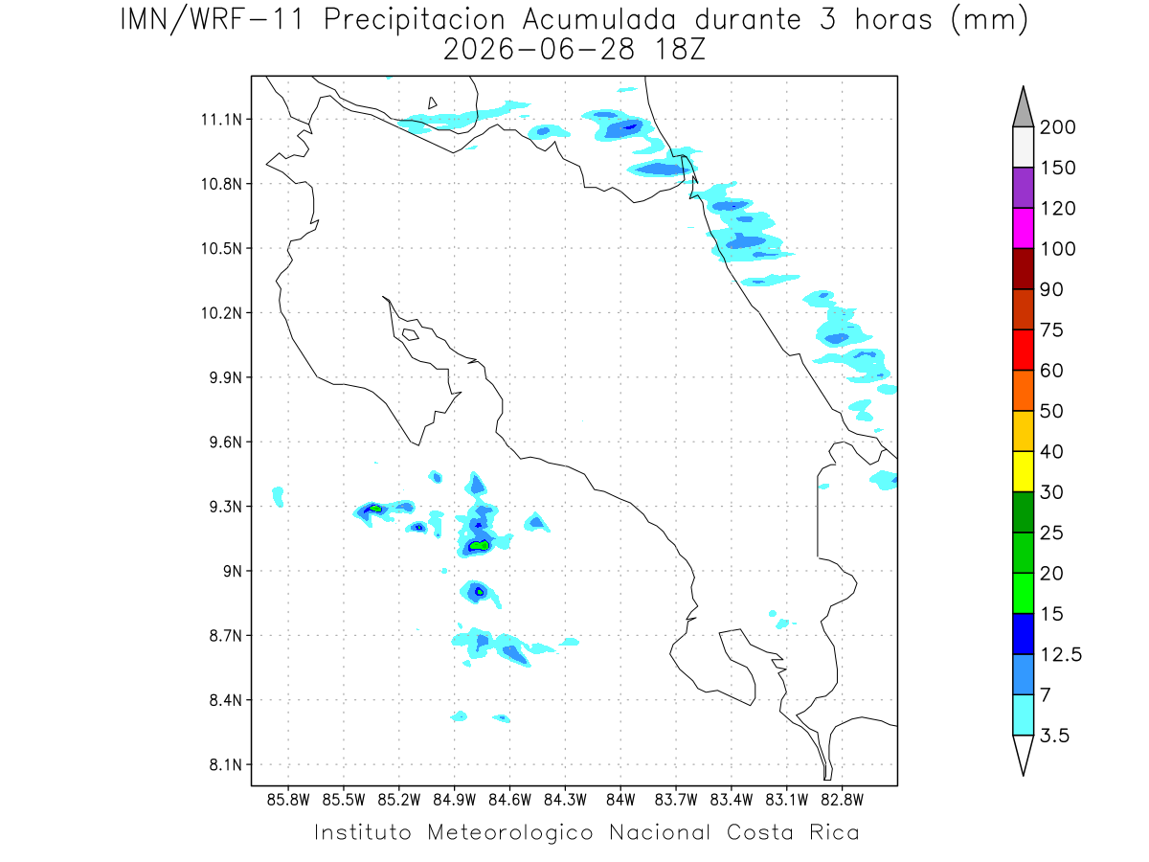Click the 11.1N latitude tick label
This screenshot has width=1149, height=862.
coord(221,120)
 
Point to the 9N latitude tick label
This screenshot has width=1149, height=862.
coord(233,571)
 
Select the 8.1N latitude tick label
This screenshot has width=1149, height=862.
coord(226,764)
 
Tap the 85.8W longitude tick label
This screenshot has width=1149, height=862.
coord(288,800)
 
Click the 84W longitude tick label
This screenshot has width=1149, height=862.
coord(620,800)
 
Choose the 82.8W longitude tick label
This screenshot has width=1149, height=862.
coord(842,800)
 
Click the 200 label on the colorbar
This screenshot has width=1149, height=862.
coord(1057,127)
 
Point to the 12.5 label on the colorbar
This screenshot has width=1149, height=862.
coord(1061,655)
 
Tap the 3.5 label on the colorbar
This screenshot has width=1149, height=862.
coord(1054,736)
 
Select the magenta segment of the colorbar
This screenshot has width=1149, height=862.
coord(1023,228)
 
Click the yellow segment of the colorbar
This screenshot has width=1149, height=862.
coord(1023,471)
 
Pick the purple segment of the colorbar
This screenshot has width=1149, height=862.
coord(1023,188)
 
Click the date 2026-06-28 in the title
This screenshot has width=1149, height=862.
coord(539,50)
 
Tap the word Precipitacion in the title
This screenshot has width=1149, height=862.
coord(415,20)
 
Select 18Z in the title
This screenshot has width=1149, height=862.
coord(680,50)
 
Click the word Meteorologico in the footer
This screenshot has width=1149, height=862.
coord(509,832)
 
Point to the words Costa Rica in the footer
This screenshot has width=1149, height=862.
coord(793,832)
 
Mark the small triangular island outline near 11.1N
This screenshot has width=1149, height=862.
coord(432,102)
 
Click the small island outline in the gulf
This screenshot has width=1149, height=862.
coord(411,334)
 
